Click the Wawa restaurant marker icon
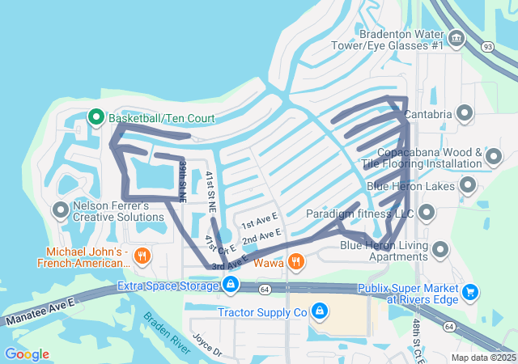pos(296,262)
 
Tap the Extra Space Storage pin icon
pos(231,285)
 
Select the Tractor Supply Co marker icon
pos(320,311)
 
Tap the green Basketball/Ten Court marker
pos(95,118)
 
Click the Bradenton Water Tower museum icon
pos(456,38)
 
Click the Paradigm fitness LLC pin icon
pos(427,214)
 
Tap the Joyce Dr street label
pos(206,343)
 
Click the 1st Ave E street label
pos(259,219)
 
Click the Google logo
pos(27,354)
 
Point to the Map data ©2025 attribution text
pos(482,358)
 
